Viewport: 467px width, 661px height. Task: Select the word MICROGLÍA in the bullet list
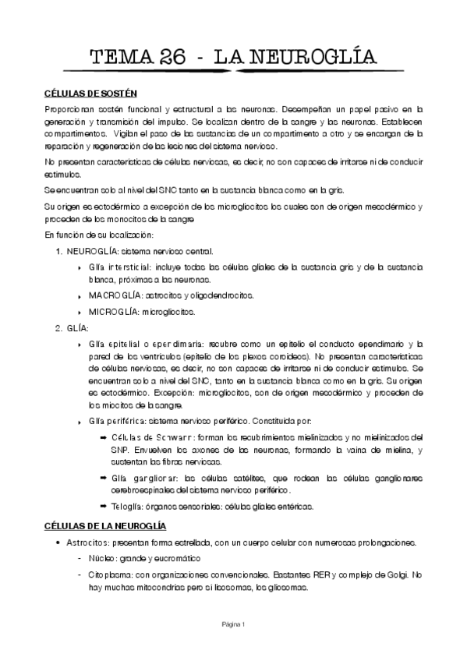(112, 312)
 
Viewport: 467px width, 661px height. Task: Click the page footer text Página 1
(233, 624)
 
